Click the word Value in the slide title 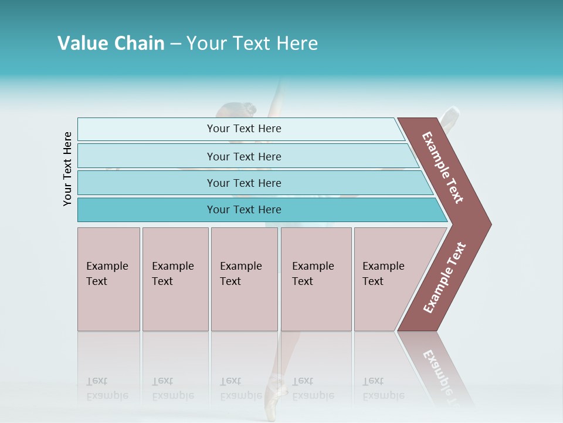tap(82, 43)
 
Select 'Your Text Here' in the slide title tap(252, 43)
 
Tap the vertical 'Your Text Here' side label tap(68, 169)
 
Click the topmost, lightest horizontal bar tap(243, 129)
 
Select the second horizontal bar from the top tap(243, 156)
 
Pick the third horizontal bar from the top tap(243, 183)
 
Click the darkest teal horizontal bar tap(243, 210)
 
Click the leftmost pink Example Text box tap(108, 279)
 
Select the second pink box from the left tap(175, 279)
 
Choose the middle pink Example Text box tap(244, 279)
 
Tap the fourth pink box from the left tap(316, 279)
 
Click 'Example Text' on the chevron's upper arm tap(443, 167)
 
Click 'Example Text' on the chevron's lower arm tap(445, 277)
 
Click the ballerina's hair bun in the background tap(250, 109)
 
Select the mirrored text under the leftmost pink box tap(107, 388)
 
